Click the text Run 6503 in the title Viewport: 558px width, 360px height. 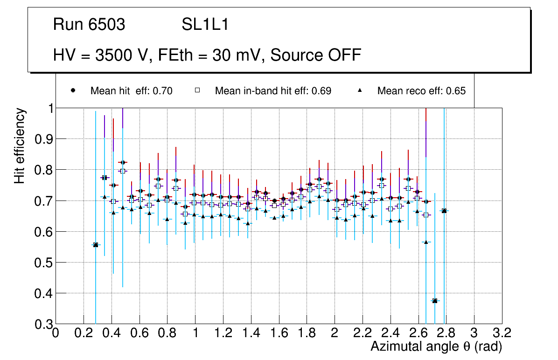[89, 25]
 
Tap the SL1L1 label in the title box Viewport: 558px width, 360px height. [205, 25]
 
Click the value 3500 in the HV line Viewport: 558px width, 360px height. [113, 55]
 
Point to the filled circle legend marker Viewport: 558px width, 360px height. [73, 90]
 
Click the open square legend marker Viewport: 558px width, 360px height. [197, 90]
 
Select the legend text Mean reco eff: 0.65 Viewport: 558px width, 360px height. [421, 91]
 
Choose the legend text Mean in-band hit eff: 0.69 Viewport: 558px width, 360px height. [273, 91]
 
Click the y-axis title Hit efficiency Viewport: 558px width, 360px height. [20, 145]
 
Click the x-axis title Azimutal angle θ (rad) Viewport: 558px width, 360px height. [436, 346]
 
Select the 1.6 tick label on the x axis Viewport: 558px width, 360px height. [279, 333]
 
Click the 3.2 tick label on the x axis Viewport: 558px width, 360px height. [502, 333]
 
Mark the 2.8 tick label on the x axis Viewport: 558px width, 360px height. [446, 333]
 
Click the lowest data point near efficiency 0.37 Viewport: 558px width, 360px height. [435, 301]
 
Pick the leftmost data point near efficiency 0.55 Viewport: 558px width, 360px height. [96, 245]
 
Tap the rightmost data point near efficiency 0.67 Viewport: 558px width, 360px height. [444, 211]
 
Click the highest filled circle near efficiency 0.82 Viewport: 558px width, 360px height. [123, 162]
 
